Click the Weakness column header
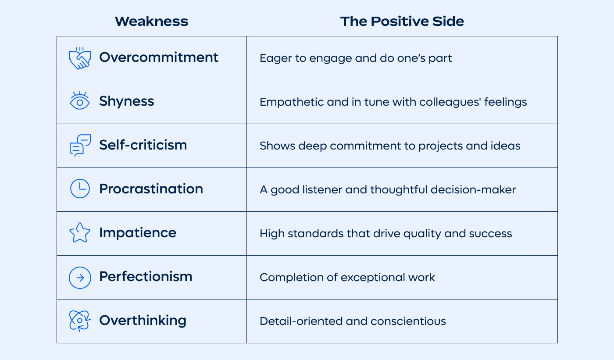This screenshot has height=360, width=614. (x=151, y=21)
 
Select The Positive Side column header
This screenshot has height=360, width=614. (x=402, y=21)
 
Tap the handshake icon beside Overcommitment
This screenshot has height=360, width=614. (x=79, y=58)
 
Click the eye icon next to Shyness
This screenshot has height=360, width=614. (x=79, y=101)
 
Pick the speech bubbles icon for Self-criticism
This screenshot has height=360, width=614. (x=80, y=146)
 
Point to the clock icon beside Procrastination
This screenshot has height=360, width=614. (x=80, y=189)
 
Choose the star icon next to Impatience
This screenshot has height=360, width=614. (x=80, y=233)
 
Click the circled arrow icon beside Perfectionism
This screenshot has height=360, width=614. (x=80, y=277)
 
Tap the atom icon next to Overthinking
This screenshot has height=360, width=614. (x=80, y=321)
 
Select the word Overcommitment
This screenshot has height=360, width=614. (x=158, y=57)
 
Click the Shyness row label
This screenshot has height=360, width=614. (x=126, y=101)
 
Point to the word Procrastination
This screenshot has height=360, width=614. (x=151, y=189)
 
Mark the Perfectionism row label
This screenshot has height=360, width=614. (x=146, y=277)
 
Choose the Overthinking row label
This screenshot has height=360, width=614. (x=143, y=321)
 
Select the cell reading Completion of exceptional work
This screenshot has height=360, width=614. (x=347, y=278)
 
